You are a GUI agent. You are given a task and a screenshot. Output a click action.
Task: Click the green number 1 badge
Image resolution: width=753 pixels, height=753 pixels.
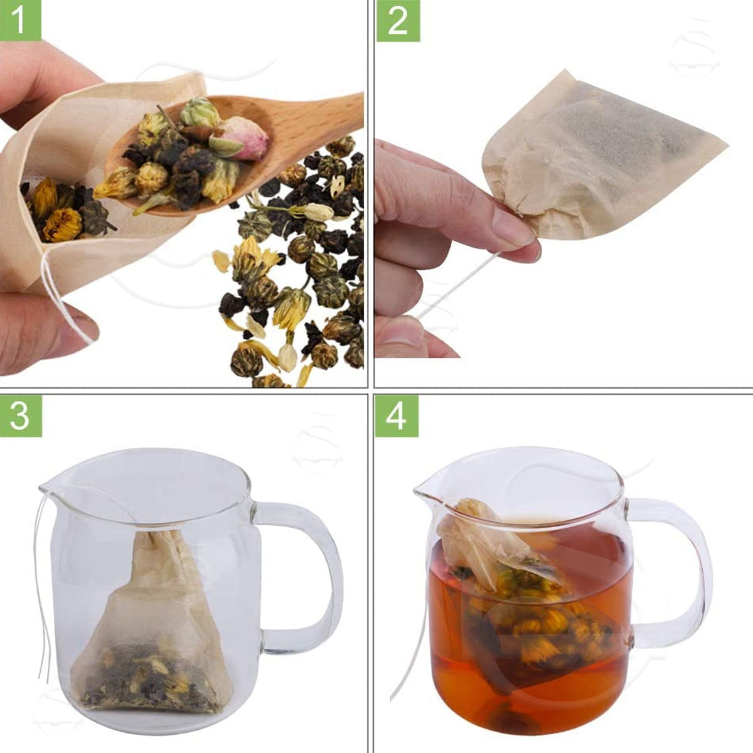(x=21, y=20)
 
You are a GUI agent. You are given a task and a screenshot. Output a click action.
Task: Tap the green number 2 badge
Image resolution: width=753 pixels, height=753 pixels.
(x=398, y=21)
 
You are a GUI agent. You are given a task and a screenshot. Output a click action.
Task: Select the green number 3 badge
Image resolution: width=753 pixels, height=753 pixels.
(x=21, y=416)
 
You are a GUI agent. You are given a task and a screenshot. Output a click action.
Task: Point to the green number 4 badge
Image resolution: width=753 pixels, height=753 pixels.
(x=397, y=416)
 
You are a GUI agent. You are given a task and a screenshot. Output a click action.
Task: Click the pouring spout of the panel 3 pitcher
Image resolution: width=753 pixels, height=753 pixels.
(x=48, y=491)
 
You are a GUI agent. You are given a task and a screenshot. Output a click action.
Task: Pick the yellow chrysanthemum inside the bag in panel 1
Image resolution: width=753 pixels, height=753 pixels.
(x=61, y=225)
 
